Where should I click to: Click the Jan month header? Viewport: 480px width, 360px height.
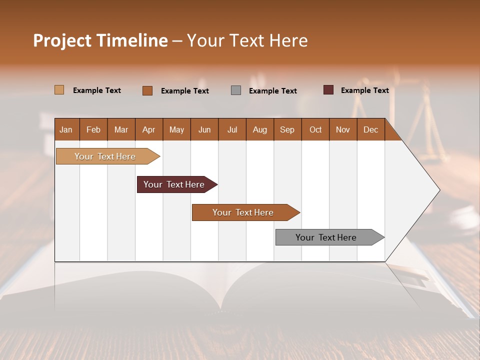point(66,129)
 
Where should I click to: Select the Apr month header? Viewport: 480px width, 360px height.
point(148,129)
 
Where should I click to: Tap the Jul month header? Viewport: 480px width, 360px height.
point(232,129)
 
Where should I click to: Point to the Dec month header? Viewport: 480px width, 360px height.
point(370,129)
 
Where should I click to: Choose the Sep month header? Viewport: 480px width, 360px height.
point(287,129)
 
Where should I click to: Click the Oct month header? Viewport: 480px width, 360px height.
point(315,129)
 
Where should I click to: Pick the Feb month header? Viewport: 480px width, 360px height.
point(93,129)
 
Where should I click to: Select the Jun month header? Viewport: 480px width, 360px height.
point(204,129)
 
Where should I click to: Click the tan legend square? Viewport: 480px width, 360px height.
point(59,90)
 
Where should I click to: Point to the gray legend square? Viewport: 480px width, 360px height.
point(236,90)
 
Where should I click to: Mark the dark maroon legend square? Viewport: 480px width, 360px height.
point(328,90)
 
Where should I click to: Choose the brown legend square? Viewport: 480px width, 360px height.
point(147,90)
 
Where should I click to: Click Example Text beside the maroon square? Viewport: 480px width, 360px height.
point(364,90)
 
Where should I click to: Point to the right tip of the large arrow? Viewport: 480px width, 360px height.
point(439,190)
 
